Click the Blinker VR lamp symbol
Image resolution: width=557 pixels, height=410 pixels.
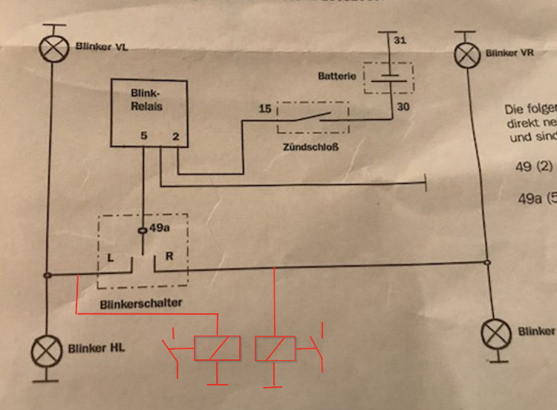tap(466, 54)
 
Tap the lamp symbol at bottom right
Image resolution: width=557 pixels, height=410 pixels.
tap(495, 333)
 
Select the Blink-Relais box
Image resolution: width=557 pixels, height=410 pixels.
tap(144, 112)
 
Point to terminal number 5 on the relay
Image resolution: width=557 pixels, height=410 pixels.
tap(143, 137)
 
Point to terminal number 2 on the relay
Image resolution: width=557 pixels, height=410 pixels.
tap(175, 137)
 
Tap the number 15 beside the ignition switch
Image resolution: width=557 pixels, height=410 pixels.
tap(264, 109)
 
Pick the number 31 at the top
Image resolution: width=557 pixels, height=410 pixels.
tap(399, 40)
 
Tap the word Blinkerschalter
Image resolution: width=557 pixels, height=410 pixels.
tap(140, 304)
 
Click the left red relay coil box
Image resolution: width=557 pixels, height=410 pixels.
tap(217, 348)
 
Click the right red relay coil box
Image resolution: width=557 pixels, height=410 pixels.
tap(275, 348)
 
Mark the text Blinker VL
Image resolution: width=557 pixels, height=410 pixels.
tap(102, 46)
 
